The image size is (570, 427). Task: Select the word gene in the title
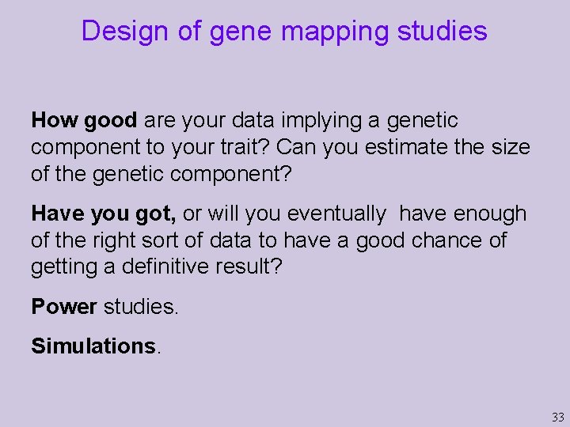[x=237, y=31]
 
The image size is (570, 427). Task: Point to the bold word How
[x=55, y=120]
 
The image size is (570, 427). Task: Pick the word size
[x=510, y=147]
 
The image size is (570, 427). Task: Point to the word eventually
[x=336, y=213]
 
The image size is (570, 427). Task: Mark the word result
[x=244, y=267]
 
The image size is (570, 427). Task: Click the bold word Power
[x=64, y=307]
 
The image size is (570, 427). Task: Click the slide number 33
[x=558, y=417]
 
